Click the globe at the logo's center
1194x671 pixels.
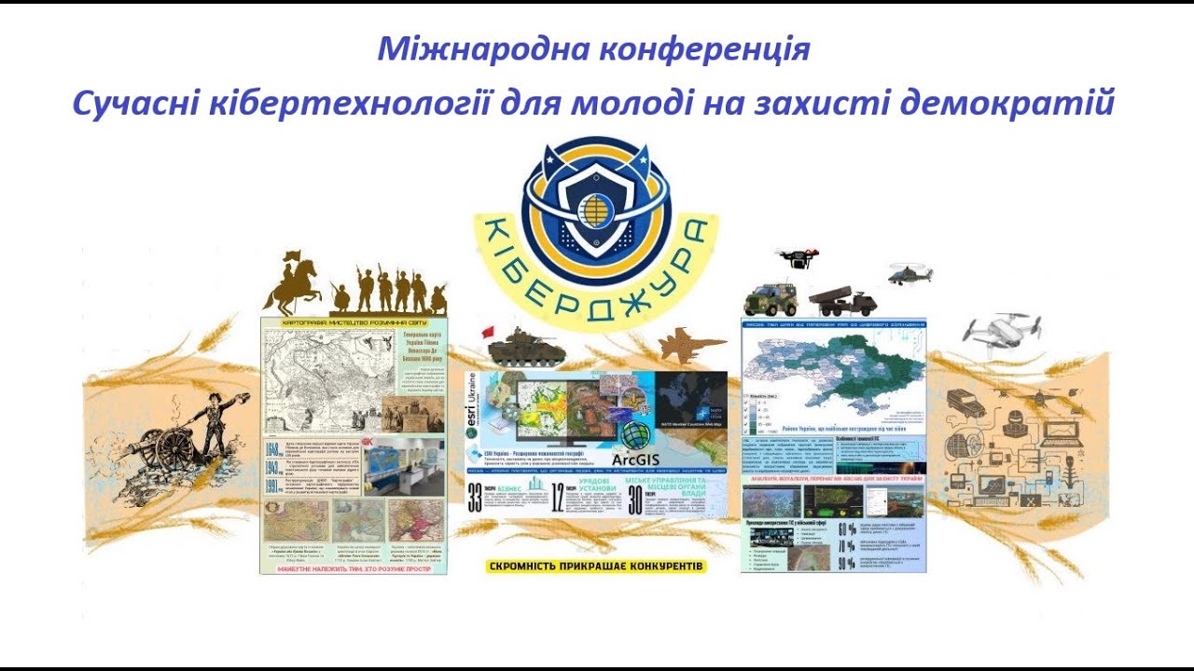(596, 208)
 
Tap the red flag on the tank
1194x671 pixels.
(486, 331)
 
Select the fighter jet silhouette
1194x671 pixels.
(690, 346)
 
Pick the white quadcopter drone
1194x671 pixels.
(1001, 333)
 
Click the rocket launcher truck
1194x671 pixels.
(842, 301)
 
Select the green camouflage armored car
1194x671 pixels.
(771, 299)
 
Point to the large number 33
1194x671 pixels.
(475, 499)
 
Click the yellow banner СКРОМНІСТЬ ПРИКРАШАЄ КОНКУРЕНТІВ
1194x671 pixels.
(597, 567)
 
